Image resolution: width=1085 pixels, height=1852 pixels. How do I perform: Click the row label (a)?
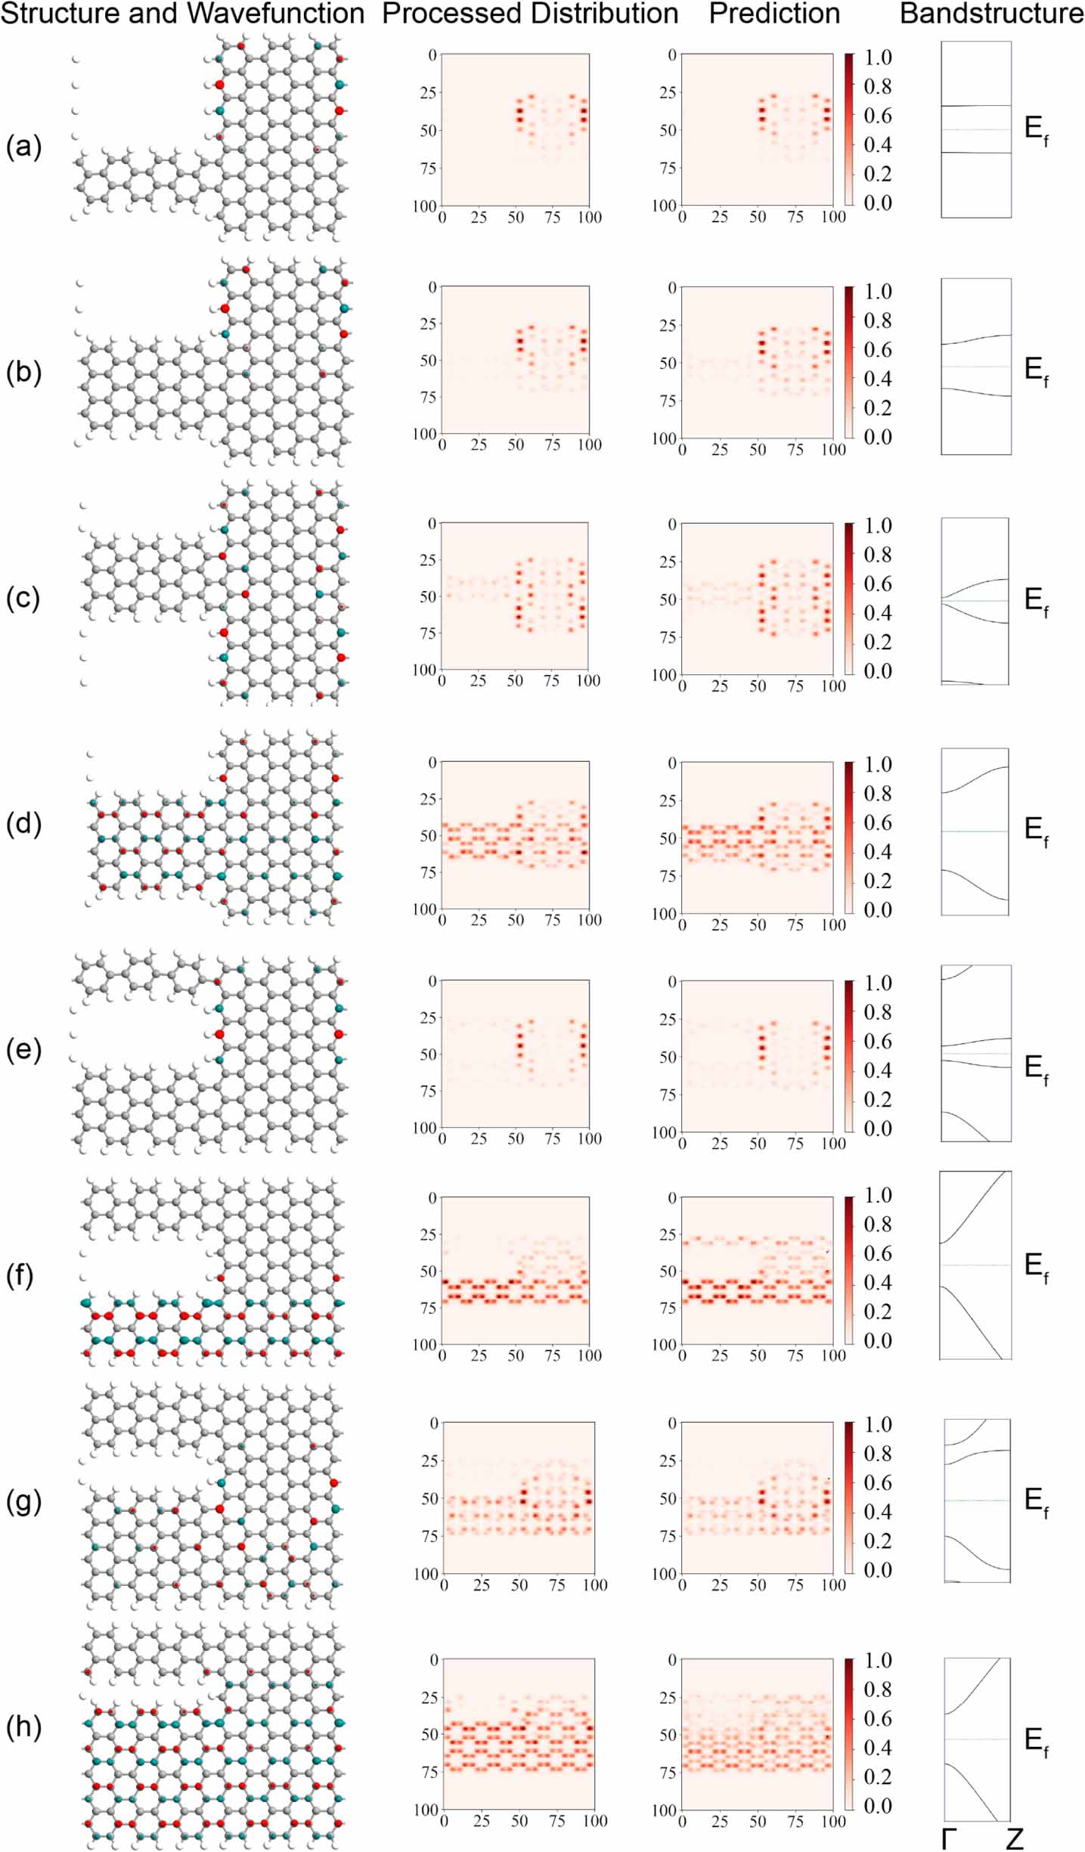(x=23, y=147)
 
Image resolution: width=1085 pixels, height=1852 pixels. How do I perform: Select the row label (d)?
(x=23, y=823)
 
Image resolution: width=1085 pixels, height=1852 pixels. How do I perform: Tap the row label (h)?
(x=23, y=1727)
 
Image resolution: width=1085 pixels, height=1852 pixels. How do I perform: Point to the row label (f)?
(x=20, y=1277)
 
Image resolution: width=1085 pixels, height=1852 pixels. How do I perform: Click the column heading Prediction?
(x=774, y=14)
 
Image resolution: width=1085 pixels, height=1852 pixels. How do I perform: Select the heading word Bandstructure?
(x=991, y=14)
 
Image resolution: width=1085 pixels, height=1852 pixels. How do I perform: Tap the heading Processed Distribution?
(x=530, y=14)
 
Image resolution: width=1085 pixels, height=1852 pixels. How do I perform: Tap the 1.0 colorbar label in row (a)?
(x=878, y=57)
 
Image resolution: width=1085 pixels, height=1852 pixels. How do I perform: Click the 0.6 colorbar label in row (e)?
(x=878, y=1042)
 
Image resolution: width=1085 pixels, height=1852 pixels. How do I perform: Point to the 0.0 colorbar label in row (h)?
(x=878, y=1806)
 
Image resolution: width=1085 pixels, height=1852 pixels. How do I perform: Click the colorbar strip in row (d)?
(x=849, y=836)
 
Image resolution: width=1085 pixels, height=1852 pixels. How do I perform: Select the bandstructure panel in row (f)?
(x=975, y=1265)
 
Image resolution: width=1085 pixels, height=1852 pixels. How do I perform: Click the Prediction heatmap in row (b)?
(x=757, y=362)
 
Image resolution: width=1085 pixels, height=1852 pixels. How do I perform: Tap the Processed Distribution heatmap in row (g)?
(x=519, y=1497)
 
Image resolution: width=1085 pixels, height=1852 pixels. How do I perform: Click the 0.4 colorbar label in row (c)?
(x=878, y=613)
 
